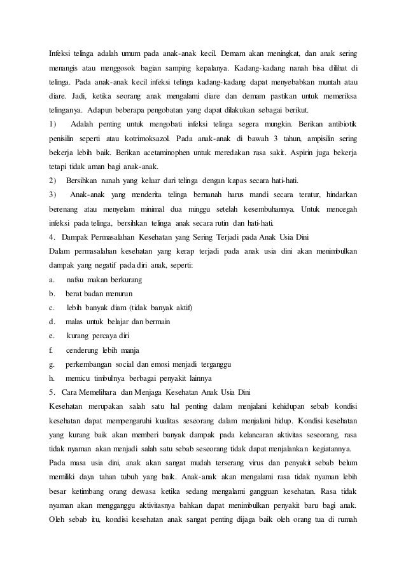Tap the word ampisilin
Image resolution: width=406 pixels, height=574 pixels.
coord(309,138)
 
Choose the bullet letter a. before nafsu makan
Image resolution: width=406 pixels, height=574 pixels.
coord(52,280)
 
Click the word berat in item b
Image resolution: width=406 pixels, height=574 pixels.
coord(75,294)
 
